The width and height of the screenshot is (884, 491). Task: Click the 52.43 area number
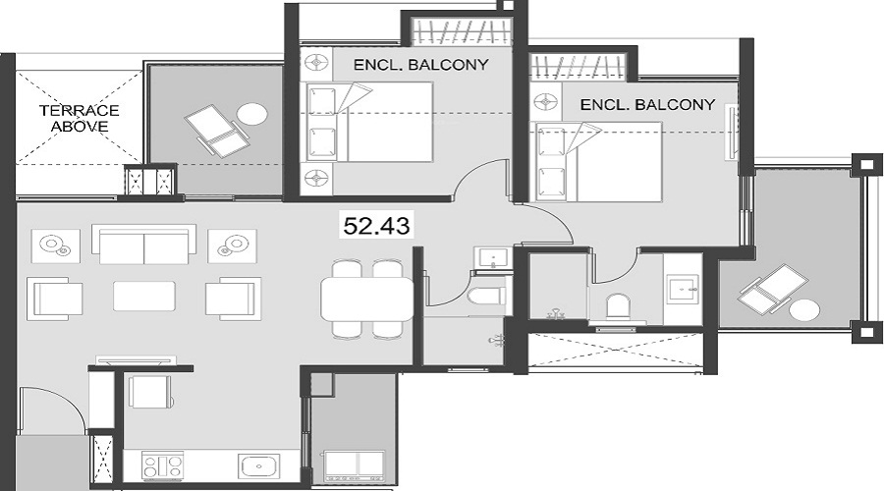(376, 225)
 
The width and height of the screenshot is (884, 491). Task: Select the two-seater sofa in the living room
(143, 245)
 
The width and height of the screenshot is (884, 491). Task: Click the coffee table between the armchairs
(144, 296)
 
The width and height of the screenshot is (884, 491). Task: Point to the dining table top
(367, 300)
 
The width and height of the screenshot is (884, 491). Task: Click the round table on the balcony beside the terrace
(252, 113)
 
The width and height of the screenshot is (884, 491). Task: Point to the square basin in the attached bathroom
(682, 288)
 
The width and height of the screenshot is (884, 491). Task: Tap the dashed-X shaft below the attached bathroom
(615, 351)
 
